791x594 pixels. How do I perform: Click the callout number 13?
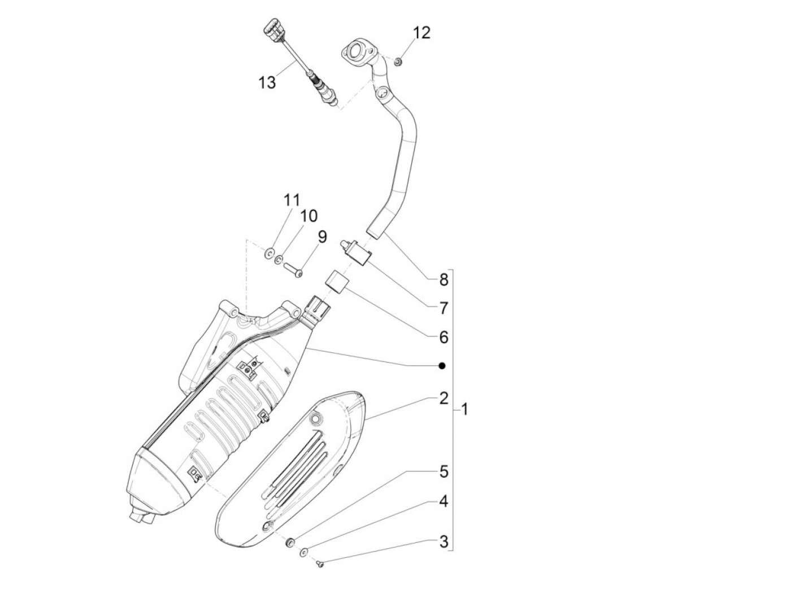click(267, 82)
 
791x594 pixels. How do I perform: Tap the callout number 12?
click(421, 33)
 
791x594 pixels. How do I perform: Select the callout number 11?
click(292, 200)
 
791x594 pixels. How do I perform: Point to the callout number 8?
click(444, 279)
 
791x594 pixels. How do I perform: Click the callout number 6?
click(444, 337)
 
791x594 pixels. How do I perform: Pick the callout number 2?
click(444, 398)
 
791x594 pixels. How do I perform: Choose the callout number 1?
click(464, 408)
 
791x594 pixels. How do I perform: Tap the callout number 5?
click(444, 471)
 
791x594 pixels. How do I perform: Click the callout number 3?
click(444, 543)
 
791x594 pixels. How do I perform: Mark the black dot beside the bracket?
click(442, 366)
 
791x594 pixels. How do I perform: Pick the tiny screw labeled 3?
click(319, 562)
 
